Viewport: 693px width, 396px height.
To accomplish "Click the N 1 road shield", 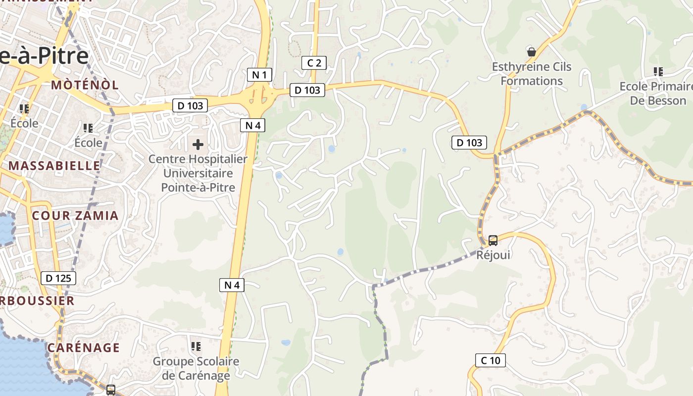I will (259, 75).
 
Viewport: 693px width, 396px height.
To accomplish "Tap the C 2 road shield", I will (314, 63).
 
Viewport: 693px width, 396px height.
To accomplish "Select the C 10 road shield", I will (491, 360).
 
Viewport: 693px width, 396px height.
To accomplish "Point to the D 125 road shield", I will (58, 278).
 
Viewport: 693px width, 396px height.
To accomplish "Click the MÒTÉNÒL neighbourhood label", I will (85, 85).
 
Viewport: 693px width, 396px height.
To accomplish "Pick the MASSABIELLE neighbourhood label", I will (54, 165).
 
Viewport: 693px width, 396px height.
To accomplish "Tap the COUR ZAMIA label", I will (75, 215).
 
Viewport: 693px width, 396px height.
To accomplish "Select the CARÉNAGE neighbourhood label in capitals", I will (84, 347).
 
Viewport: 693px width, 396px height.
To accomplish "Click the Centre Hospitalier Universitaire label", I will (198, 173).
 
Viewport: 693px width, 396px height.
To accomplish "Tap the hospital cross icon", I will (198, 145).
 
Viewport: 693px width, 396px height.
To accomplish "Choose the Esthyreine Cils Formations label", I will (532, 74).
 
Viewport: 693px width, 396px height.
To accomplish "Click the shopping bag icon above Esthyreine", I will (532, 51).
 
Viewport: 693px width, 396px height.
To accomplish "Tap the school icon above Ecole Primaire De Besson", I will (658, 72).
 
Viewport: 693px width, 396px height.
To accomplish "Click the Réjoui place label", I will (493, 255).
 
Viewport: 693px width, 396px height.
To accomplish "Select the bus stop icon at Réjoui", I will (493, 241).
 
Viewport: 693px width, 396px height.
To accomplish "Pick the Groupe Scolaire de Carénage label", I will (196, 368).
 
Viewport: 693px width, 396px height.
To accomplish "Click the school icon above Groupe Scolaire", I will (196, 346).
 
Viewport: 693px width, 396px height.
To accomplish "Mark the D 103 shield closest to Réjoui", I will (469, 143).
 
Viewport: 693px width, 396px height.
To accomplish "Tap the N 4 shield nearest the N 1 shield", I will (252, 125).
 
